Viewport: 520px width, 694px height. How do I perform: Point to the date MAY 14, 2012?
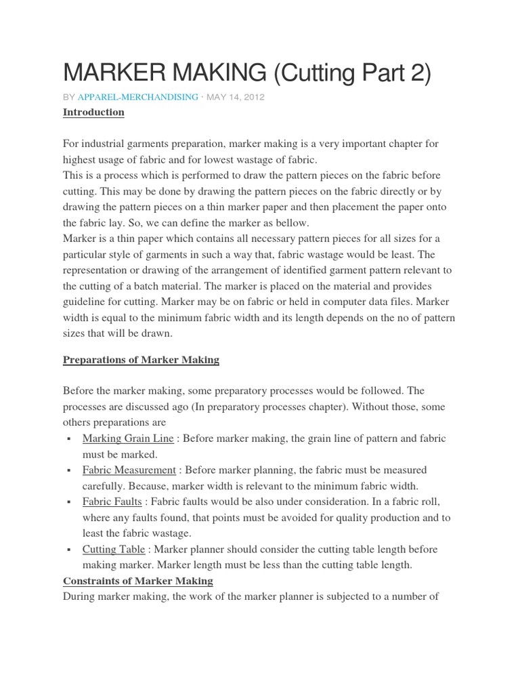point(236,97)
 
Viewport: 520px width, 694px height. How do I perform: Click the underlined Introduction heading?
point(93,113)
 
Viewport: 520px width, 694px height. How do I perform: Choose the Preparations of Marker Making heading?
point(141,360)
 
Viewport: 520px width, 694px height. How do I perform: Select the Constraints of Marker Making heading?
point(137,581)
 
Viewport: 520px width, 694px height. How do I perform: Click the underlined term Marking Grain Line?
point(127,438)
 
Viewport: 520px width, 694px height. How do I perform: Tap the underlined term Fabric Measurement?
point(129,470)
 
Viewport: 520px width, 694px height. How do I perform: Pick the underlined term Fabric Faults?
point(112,502)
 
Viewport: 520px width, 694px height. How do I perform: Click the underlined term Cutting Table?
point(114,549)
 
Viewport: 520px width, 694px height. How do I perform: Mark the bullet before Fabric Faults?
point(70,503)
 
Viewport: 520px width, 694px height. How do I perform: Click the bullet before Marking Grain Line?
point(70,439)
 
